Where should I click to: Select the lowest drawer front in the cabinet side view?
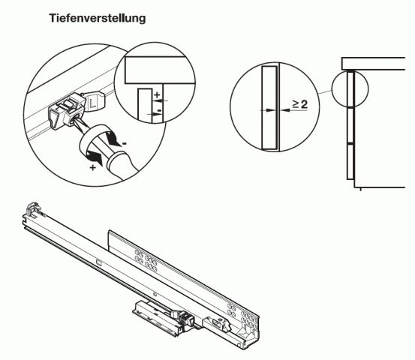(x=350, y=160)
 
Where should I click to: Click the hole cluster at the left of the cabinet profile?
(x=146, y=259)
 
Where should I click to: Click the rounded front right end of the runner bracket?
(x=252, y=330)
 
